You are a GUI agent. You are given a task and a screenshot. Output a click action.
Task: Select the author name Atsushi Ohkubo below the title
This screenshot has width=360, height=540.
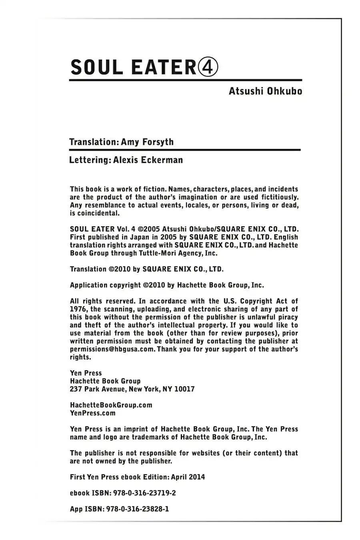(x=265, y=91)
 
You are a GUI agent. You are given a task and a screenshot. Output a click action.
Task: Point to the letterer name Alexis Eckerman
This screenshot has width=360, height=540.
(x=148, y=160)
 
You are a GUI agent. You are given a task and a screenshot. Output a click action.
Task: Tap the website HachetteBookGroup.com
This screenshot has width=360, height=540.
(x=111, y=405)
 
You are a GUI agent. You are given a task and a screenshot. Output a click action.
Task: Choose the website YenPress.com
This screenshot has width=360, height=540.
(x=93, y=413)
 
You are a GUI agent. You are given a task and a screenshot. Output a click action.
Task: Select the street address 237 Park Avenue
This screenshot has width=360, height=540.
(x=98, y=389)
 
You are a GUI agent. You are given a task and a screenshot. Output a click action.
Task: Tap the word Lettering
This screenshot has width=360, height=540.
(x=90, y=160)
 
